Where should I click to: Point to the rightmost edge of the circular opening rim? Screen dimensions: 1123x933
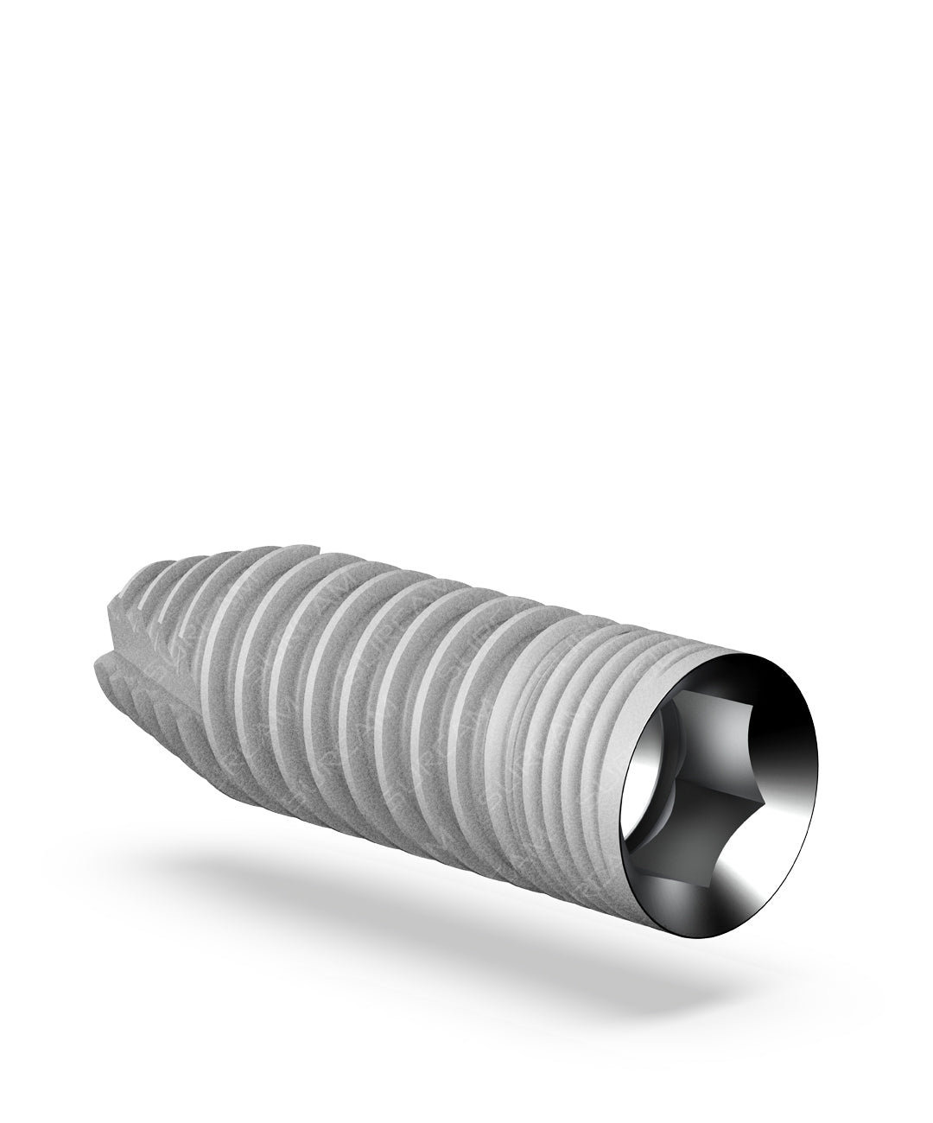click(x=817, y=777)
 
